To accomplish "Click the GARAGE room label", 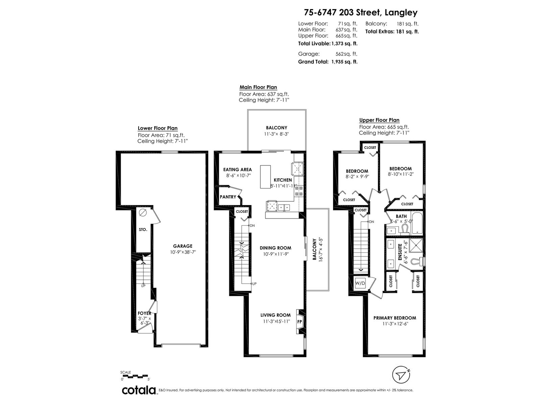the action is click(x=182, y=246).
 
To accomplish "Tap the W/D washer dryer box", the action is click(x=360, y=283).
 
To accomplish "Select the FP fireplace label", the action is click(x=300, y=322).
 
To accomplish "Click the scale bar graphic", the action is click(x=135, y=376).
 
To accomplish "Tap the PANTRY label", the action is click(x=228, y=197).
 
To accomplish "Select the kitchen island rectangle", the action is click(x=265, y=177).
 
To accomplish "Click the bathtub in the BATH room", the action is click(x=417, y=223).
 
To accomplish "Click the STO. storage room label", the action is click(x=143, y=229).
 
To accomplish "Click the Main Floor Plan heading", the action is click(x=258, y=87).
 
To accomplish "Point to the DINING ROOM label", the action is click(x=275, y=248).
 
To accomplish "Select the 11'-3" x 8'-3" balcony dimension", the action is click(x=276, y=134).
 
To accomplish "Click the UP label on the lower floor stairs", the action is click(x=143, y=286).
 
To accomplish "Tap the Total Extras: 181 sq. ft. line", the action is click(x=392, y=31).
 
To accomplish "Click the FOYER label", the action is click(x=144, y=313).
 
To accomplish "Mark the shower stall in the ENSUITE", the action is click(x=416, y=245).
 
